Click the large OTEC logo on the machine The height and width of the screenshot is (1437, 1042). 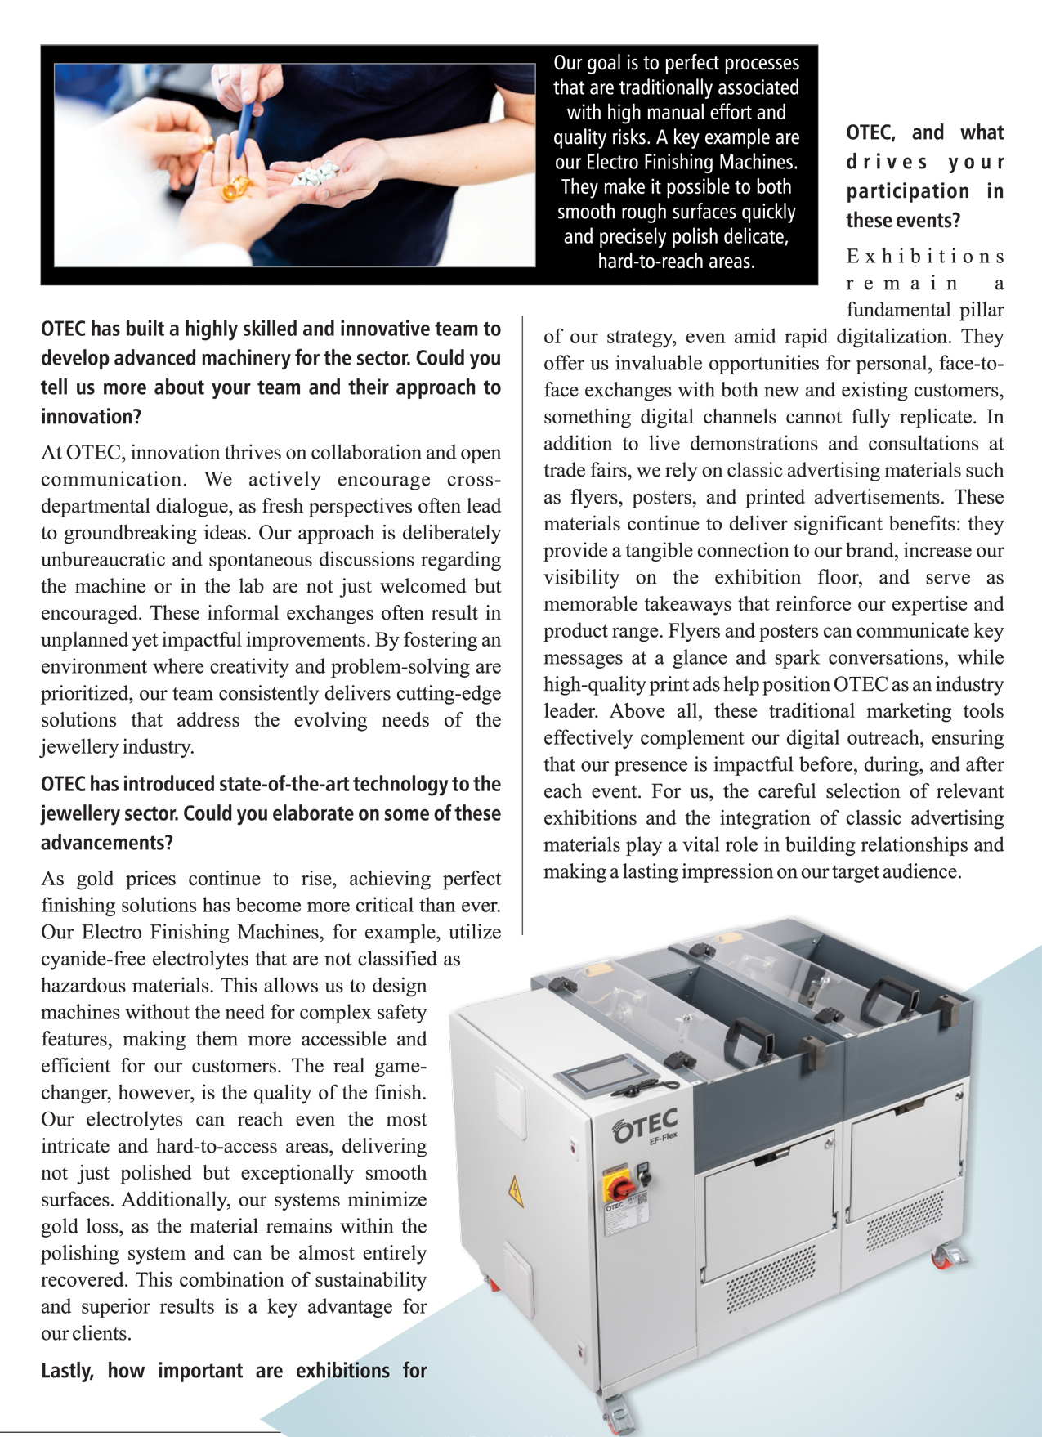pyautogui.click(x=645, y=1125)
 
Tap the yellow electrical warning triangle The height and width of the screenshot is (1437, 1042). pyautogui.click(x=516, y=1191)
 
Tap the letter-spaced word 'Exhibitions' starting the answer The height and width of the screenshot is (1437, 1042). pyautogui.click(x=924, y=257)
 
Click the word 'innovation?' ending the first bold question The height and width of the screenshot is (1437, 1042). pyautogui.click(x=91, y=417)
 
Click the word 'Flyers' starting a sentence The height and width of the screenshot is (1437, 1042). pyautogui.click(x=694, y=631)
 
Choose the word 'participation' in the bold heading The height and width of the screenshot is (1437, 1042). pyautogui.click(x=907, y=191)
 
